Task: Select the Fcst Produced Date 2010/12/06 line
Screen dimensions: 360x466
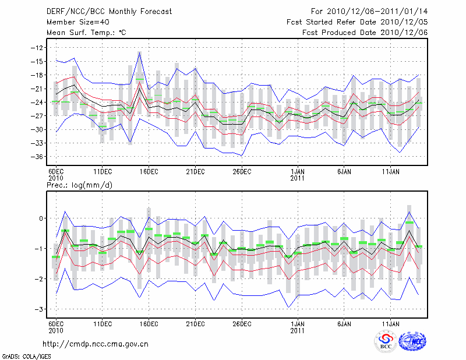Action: point(365,33)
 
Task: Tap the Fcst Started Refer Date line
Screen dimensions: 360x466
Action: point(357,22)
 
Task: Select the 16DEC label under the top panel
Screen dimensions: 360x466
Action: point(149,171)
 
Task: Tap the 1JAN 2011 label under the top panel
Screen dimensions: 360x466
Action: point(297,174)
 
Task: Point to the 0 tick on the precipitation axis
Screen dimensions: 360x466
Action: point(41,218)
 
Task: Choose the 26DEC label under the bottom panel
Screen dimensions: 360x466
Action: point(242,323)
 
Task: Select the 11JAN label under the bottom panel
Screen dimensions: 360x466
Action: point(390,323)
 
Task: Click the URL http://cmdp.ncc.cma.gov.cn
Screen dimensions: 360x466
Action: point(96,344)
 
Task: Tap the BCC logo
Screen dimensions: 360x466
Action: point(386,341)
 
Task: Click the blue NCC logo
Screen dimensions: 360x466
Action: point(412,341)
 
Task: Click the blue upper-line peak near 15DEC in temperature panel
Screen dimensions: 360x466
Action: point(140,52)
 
